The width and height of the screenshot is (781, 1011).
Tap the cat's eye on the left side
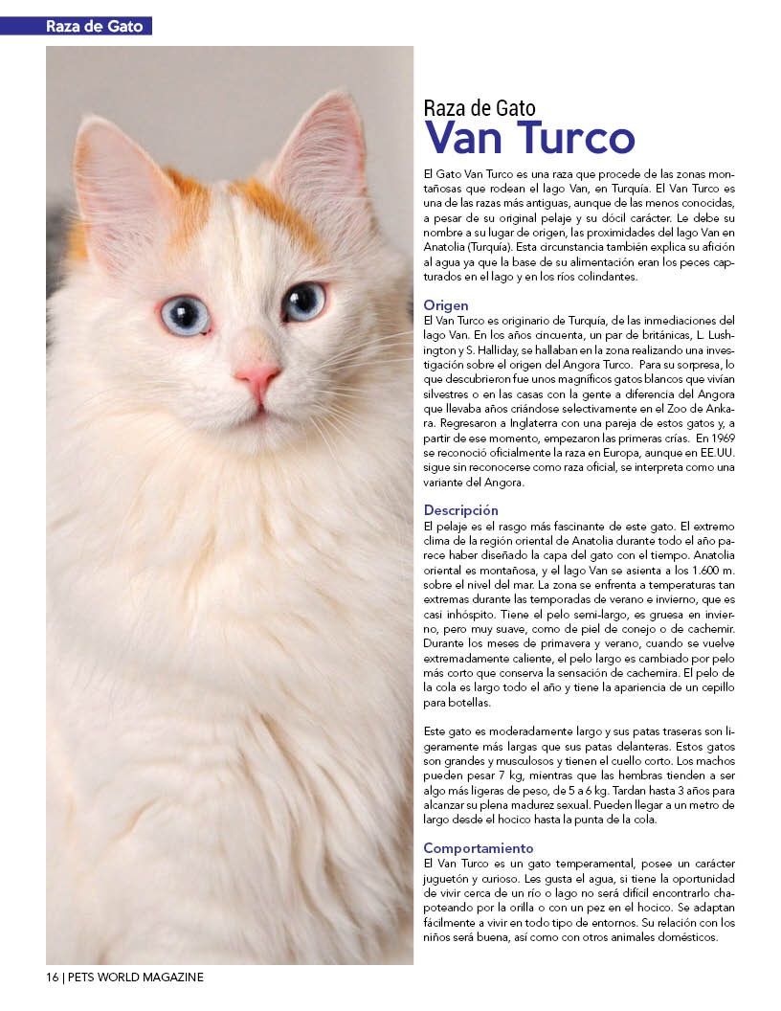185,314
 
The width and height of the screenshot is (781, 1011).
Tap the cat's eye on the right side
304,301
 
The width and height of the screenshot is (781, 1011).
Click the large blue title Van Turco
529,138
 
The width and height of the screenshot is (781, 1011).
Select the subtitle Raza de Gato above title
480,107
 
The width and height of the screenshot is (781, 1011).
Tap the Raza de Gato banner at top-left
94,26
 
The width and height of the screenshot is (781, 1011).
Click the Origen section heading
446,305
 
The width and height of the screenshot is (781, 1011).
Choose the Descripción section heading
461,510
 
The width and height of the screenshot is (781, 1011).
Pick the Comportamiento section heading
479,848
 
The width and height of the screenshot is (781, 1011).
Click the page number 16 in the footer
52,977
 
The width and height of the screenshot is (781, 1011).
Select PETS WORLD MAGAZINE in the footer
136,977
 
